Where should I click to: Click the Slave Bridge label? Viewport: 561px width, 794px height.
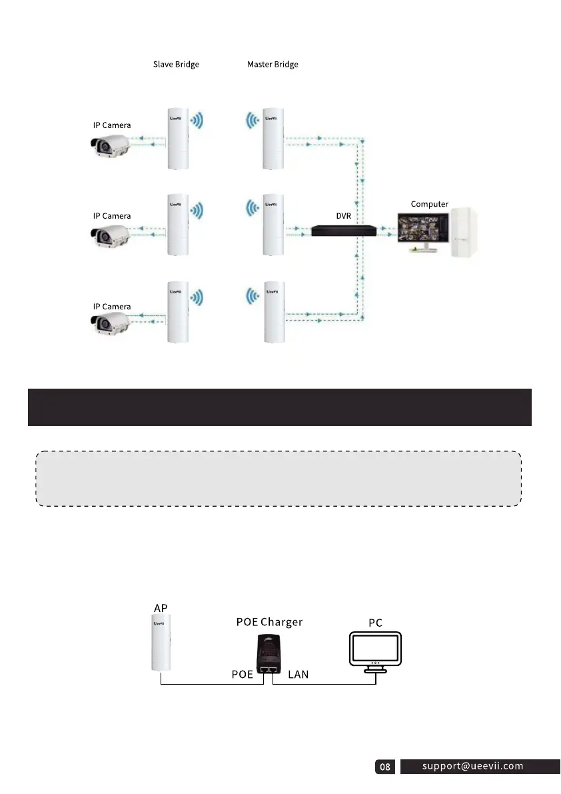coord(176,65)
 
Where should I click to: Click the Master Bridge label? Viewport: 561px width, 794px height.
coord(273,65)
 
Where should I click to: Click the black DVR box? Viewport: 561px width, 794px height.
coord(344,231)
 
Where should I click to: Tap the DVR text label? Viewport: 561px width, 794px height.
coord(343,216)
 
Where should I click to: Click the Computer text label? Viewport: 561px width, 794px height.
coord(429,204)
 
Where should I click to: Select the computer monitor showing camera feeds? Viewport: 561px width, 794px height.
coord(422,231)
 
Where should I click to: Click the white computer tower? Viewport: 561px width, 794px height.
coord(464,232)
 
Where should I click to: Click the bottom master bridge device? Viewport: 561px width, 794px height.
coord(273,312)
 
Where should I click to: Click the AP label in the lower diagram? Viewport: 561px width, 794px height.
coord(161,608)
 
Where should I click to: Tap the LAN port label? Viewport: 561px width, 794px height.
coord(298,675)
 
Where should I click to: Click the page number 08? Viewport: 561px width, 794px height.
coord(385,767)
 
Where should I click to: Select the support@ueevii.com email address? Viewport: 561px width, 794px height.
coord(473,766)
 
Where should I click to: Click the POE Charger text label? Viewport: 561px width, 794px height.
coord(270,622)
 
